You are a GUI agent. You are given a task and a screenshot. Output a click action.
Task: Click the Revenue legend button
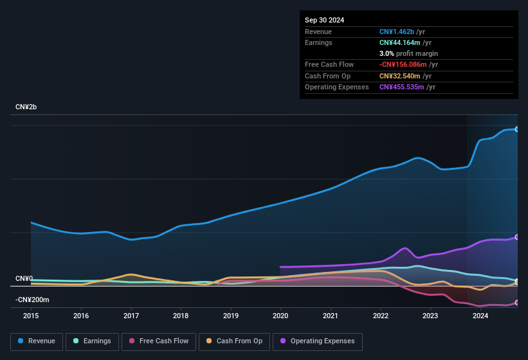[x=37, y=341]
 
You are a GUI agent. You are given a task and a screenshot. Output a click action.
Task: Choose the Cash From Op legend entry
[x=235, y=341]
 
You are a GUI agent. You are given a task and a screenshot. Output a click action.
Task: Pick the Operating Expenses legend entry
[x=318, y=341]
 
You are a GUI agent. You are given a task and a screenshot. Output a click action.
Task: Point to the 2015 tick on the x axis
[x=31, y=316]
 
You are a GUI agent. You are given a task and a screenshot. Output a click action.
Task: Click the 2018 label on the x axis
[x=181, y=316]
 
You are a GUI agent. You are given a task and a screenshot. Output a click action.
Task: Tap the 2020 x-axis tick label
[x=280, y=316]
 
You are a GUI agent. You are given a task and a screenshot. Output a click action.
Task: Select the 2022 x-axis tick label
[x=381, y=316]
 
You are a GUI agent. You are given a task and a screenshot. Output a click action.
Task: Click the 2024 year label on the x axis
[x=480, y=316]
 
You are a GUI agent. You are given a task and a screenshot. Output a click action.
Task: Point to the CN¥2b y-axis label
[x=26, y=107]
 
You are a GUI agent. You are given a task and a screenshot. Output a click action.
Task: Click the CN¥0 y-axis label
[x=24, y=278]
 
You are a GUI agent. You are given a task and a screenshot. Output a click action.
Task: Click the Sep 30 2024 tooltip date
[x=324, y=20]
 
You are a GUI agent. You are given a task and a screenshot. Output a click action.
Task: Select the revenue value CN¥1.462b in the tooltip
[x=397, y=32]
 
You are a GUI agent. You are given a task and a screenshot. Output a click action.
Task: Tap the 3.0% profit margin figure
[x=386, y=53]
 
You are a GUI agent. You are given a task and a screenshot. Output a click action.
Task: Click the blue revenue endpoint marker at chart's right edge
[x=517, y=129]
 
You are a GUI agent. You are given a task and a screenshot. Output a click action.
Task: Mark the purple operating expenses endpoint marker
[x=517, y=237]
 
